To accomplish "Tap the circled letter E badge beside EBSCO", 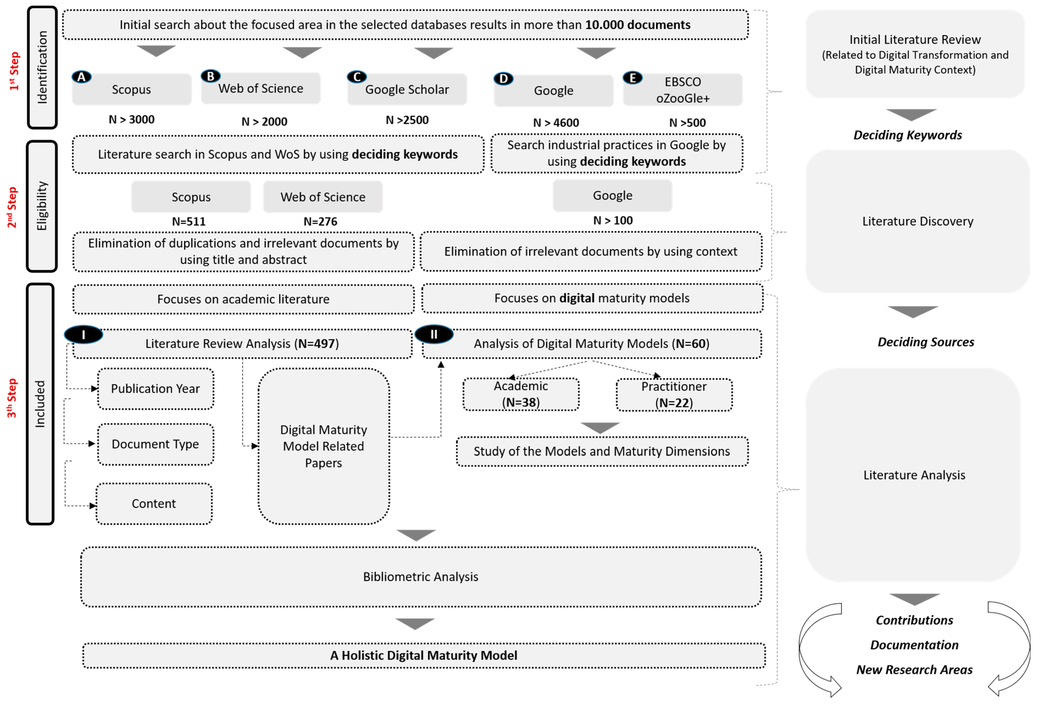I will pos(632,78).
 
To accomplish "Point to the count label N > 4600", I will pos(556,123).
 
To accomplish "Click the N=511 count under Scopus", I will pos(189,221).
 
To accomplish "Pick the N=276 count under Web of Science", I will pos(320,221).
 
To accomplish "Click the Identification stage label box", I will pos(42,67).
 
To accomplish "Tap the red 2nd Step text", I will pos(12,207).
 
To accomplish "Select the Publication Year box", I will pos(155,388).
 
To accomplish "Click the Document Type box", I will pos(155,444).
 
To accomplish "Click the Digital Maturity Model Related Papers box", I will pos(323,446).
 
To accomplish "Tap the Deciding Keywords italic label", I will pos(907,135).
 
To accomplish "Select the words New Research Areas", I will pos(914,669).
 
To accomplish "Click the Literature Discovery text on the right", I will pos(917,221).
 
